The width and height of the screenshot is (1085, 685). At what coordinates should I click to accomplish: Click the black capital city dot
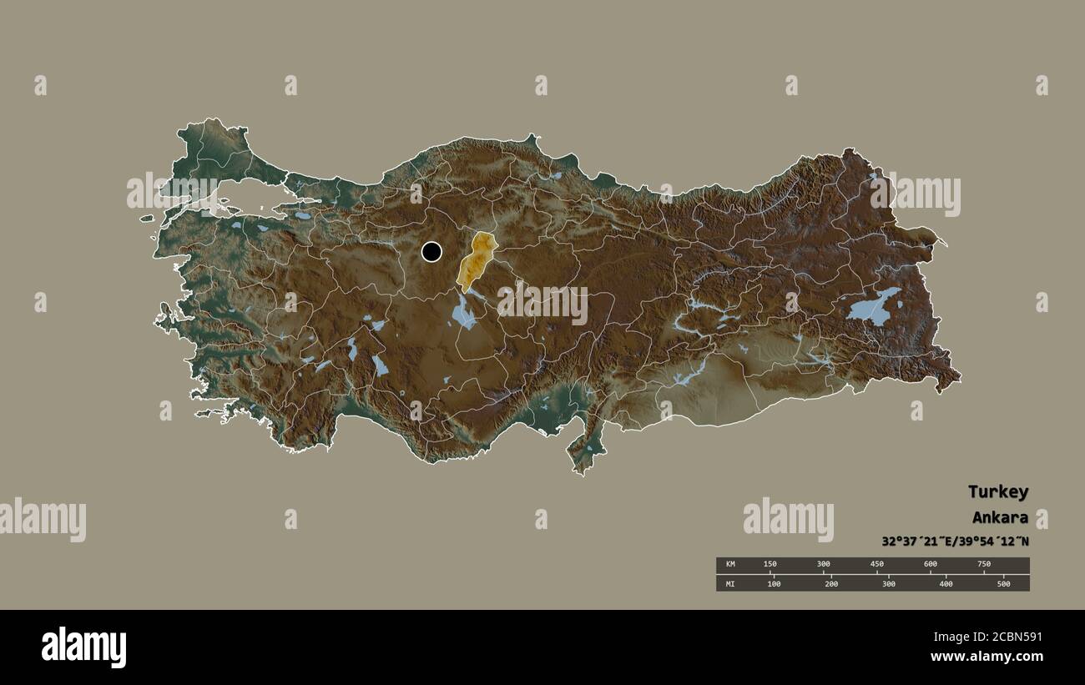click(x=431, y=251)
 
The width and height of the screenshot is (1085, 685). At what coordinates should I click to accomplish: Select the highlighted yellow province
click(x=476, y=262)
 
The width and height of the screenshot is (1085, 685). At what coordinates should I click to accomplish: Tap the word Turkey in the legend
click(x=997, y=491)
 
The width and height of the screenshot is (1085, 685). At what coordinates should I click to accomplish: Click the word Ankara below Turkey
click(x=1000, y=517)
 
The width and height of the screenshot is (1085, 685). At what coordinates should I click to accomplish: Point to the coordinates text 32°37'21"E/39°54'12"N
click(x=955, y=541)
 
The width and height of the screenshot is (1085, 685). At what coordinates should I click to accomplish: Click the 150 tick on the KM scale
click(x=770, y=565)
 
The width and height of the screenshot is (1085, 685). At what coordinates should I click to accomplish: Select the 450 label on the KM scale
click(x=876, y=565)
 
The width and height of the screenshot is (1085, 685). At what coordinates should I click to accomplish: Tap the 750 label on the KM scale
click(x=984, y=565)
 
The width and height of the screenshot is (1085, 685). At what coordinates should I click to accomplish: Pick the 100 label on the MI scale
click(x=774, y=583)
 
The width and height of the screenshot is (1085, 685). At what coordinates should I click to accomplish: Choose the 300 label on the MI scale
click(x=888, y=583)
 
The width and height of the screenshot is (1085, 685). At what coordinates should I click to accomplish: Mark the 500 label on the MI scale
click(x=1002, y=583)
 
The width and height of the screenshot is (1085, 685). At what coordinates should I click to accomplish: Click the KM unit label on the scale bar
click(x=730, y=565)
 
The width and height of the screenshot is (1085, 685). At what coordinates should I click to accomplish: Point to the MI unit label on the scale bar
click(x=730, y=583)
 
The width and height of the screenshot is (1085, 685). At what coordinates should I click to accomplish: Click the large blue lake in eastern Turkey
click(x=872, y=307)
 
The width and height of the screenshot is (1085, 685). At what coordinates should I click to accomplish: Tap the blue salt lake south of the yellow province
click(x=464, y=314)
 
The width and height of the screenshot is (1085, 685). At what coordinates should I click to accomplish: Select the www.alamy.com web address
click(x=987, y=657)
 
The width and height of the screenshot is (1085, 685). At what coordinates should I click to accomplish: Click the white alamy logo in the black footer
click(x=84, y=647)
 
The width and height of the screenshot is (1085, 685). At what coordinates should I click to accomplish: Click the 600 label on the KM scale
click(x=930, y=565)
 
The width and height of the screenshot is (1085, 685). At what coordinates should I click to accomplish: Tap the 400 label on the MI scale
click(x=946, y=583)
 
